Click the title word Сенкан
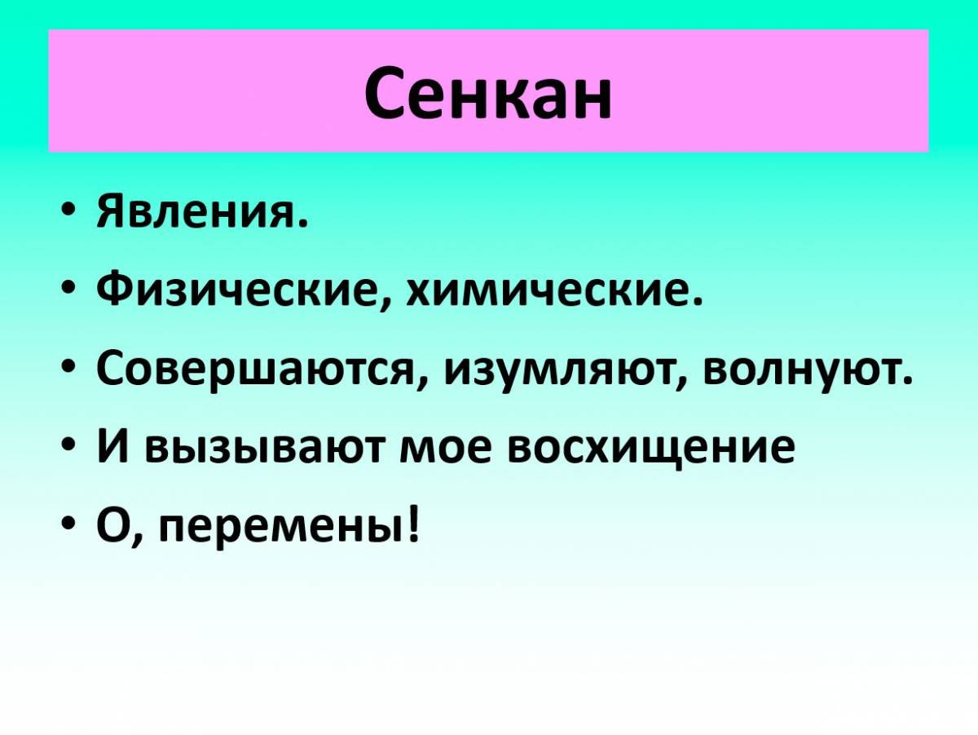(x=487, y=91)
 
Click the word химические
(x=550, y=292)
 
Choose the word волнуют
(x=804, y=371)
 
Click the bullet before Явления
(x=68, y=215)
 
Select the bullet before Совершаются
(x=68, y=372)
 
